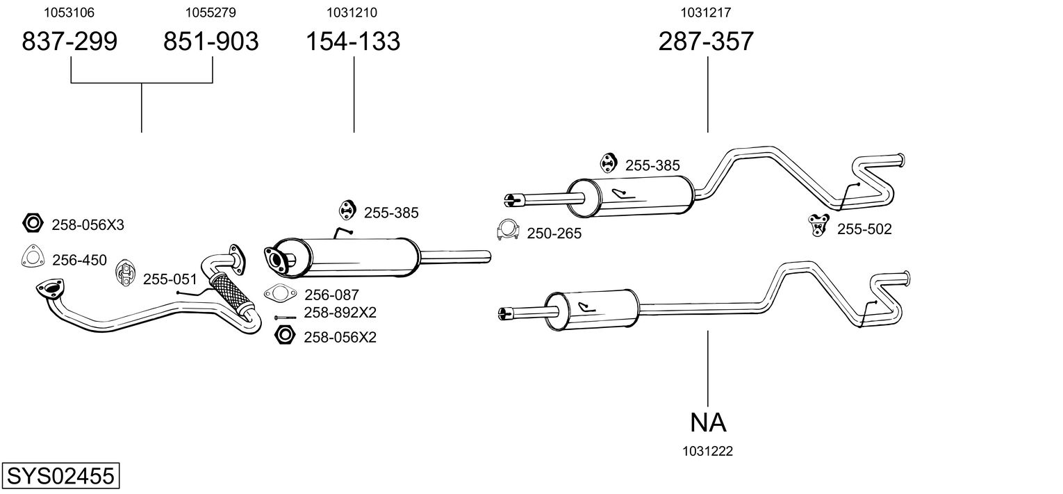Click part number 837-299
point(69,42)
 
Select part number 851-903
point(211,42)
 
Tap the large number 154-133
point(354,42)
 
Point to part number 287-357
point(706,42)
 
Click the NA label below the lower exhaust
point(708,422)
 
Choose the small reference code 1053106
point(69,13)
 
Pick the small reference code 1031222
point(708,452)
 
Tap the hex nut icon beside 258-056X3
point(32,223)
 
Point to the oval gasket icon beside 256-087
point(278,294)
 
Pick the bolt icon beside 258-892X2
point(285,318)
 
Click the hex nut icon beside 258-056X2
point(283,336)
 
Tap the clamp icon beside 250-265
point(508,231)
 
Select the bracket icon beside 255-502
point(819,225)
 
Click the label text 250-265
point(554,233)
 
